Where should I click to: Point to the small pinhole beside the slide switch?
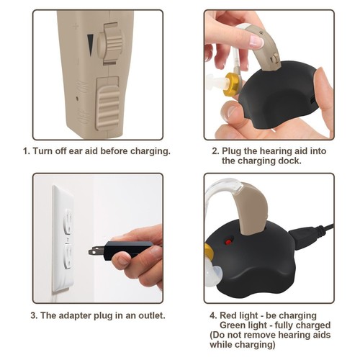pos(77,98)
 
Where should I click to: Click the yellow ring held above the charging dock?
pos(233,84)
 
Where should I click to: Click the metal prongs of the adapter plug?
pos(96,250)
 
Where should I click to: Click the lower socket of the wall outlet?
pos(68,256)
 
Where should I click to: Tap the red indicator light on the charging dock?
pos(229,241)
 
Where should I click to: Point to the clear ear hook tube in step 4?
pos(218,189)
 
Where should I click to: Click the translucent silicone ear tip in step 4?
pos(212,276)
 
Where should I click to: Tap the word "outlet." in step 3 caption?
pos(152,315)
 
